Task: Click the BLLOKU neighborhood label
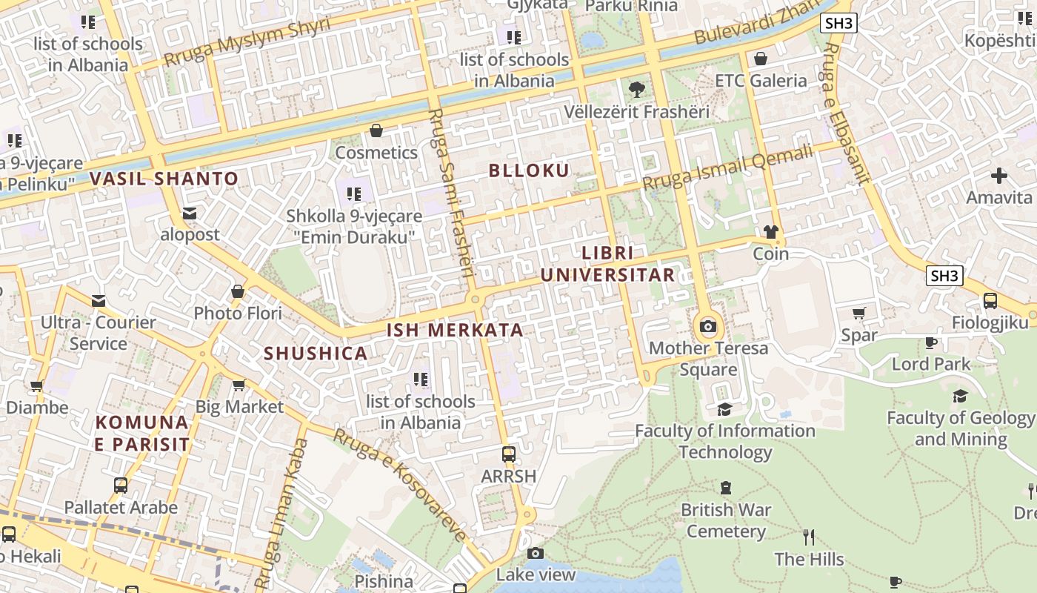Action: click(529, 170)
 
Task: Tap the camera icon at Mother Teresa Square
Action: click(708, 326)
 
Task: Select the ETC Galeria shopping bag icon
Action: click(761, 59)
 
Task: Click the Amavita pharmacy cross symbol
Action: click(999, 176)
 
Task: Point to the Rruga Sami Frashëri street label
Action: click(451, 193)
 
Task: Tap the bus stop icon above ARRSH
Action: click(509, 454)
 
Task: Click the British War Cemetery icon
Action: click(726, 488)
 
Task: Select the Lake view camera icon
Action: click(536, 553)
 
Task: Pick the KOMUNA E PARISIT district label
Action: click(141, 434)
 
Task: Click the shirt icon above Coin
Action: click(770, 232)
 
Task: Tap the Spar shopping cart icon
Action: click(859, 314)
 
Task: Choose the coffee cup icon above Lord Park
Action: click(931, 342)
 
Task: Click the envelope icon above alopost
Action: click(190, 213)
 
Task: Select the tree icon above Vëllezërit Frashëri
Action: click(636, 90)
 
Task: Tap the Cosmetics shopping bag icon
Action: click(376, 131)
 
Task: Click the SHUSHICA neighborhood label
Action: click(316, 354)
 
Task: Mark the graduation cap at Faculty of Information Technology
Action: click(725, 409)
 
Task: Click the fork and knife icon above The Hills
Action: click(809, 537)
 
